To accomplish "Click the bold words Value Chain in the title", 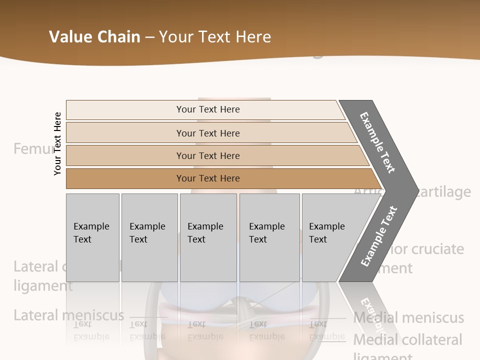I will tap(94, 37).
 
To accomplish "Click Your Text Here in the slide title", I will tap(215, 37).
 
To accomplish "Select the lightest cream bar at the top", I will tap(207, 109).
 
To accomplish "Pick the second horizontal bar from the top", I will tap(208, 133).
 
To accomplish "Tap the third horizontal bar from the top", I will tap(208, 155).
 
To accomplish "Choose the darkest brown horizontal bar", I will tap(208, 178).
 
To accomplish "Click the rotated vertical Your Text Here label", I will tap(57, 144).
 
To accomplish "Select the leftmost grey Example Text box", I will tap(92, 237).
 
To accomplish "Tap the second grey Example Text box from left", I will tap(149, 237).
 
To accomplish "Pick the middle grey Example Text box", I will tap(208, 237).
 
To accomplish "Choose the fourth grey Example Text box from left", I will tap(269, 237).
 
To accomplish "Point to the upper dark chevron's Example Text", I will tap(378, 142).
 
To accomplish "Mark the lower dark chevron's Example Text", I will tap(379, 236).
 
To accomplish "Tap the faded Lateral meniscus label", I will tap(68, 315).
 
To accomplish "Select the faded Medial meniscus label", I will tap(408, 317).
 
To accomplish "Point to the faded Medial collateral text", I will tap(407, 340).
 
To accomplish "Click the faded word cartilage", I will tap(442, 192).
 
